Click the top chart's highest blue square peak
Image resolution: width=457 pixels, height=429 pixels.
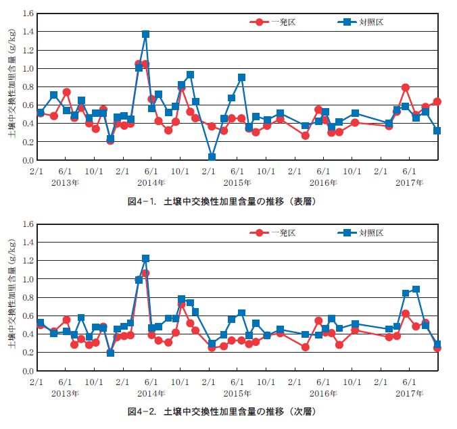pos(146,34)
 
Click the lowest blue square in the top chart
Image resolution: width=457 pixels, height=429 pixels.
pos(212,157)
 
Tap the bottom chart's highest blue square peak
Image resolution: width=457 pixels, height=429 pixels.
pos(146,259)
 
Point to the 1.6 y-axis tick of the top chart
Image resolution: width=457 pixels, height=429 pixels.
pos(28,14)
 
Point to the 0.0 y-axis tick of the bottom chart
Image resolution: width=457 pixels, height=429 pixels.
pos(28,372)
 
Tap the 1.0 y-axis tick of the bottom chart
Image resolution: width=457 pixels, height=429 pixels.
pos(28,280)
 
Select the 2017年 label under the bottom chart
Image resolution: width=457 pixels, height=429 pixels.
pos(410,393)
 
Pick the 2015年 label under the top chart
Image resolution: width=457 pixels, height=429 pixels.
pos(237,183)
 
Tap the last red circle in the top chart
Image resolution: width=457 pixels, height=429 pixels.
pos(437,102)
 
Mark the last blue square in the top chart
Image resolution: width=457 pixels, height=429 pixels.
pos(437,131)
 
